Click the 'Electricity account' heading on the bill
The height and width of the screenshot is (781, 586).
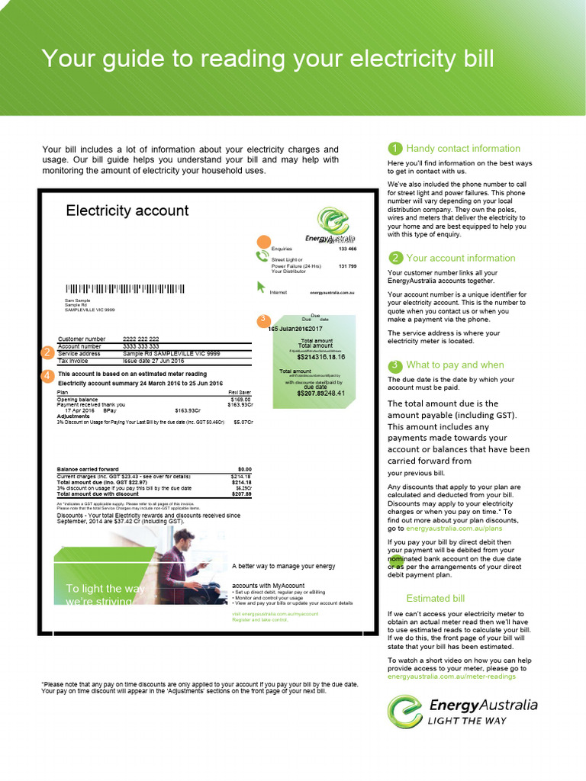pyautogui.click(x=127, y=211)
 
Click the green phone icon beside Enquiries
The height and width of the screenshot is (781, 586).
pyautogui.click(x=262, y=256)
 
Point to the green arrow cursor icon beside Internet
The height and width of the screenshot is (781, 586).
pyautogui.click(x=262, y=288)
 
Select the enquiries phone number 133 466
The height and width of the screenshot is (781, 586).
pyautogui.click(x=347, y=249)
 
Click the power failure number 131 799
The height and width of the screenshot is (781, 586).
pyautogui.click(x=347, y=266)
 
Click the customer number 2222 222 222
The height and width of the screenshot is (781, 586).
pyautogui.click(x=141, y=339)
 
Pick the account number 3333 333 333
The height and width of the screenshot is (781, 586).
pyautogui.click(x=141, y=346)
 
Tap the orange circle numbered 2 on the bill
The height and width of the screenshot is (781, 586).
pyautogui.click(x=47, y=352)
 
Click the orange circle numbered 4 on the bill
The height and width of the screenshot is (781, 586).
pyautogui.click(x=47, y=375)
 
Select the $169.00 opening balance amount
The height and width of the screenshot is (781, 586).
pyautogui.click(x=240, y=399)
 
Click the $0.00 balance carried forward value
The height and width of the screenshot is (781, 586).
pyautogui.click(x=244, y=469)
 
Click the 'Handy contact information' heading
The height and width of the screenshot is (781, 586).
pyautogui.click(x=463, y=149)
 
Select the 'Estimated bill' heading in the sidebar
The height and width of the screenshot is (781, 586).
pyautogui.click(x=435, y=598)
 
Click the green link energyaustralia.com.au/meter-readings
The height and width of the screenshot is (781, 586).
pyautogui.click(x=456, y=677)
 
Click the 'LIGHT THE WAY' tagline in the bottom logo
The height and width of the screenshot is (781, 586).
pyautogui.click(x=466, y=720)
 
